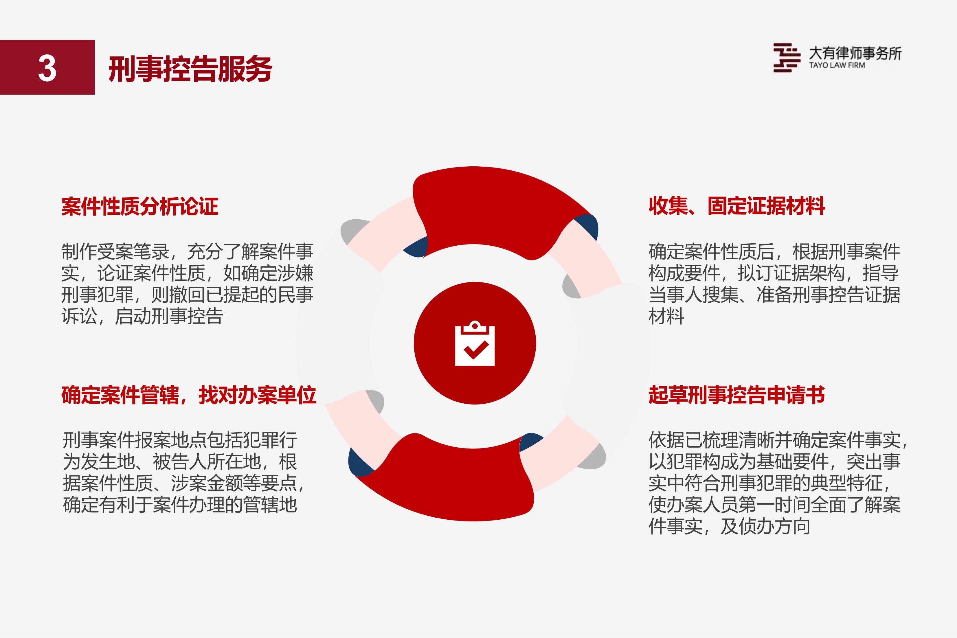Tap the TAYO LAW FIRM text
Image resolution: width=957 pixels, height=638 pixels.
click(837, 65)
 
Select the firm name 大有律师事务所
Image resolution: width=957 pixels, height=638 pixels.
click(855, 53)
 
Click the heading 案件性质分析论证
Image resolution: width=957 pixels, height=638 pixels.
click(140, 206)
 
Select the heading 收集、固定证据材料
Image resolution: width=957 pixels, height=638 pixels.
click(737, 206)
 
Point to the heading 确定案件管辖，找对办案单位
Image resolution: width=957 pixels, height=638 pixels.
click(189, 395)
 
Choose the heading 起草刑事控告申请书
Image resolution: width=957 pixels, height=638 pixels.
click(737, 395)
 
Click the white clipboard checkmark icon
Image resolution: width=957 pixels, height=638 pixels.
click(474, 344)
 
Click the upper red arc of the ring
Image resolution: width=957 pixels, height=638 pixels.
click(500, 207)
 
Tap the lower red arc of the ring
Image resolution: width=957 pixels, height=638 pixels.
click(448, 480)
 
